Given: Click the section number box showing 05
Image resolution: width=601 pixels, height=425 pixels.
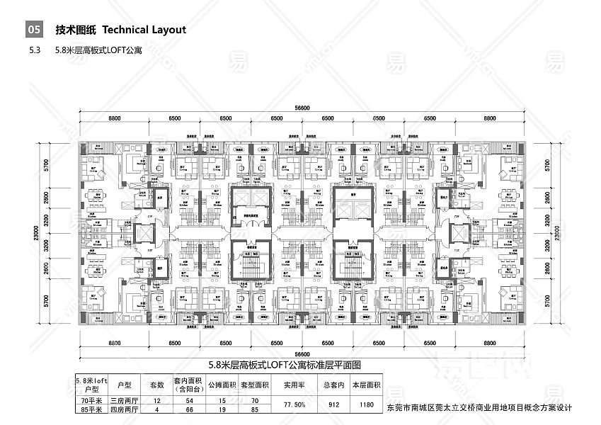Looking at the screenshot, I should (x=34, y=30).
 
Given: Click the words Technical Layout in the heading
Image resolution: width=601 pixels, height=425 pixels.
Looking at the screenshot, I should (x=144, y=30).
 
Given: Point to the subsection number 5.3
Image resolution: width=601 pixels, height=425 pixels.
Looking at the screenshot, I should (x=35, y=51).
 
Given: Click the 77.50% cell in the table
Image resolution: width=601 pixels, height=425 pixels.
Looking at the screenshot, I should (x=294, y=405).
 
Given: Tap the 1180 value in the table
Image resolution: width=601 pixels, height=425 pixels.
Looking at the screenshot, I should (x=367, y=405).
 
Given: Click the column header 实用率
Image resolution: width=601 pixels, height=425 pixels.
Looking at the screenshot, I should (x=294, y=385).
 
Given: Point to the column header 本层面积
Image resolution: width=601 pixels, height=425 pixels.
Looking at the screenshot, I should (x=367, y=385).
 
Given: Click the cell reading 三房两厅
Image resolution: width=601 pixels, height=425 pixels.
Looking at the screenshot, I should (x=124, y=401).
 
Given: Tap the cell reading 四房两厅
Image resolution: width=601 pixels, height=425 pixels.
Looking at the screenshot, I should (x=124, y=409).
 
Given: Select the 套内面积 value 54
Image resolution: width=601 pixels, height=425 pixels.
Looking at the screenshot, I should (x=189, y=401).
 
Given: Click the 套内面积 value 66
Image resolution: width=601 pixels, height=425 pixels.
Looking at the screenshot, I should (x=189, y=409).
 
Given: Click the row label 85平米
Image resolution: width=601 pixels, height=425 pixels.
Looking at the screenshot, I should (x=91, y=409).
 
